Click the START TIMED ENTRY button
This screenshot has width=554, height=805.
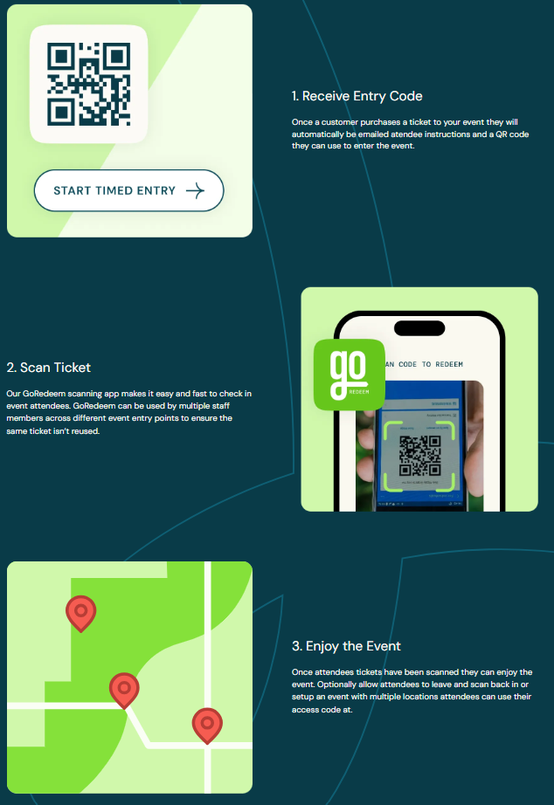click(128, 190)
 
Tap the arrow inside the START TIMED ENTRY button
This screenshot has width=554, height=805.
click(195, 191)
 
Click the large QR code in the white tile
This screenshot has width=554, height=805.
click(88, 84)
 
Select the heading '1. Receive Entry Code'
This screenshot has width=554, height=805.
click(357, 96)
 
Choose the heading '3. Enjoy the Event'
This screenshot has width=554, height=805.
click(346, 646)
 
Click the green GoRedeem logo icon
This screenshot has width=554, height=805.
click(350, 374)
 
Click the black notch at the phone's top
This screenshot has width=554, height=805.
click(419, 327)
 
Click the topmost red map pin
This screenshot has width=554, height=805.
click(81, 612)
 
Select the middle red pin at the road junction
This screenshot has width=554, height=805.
click(124, 689)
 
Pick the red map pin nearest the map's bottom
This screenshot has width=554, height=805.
click(207, 724)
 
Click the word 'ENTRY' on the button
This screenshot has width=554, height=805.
click(156, 191)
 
